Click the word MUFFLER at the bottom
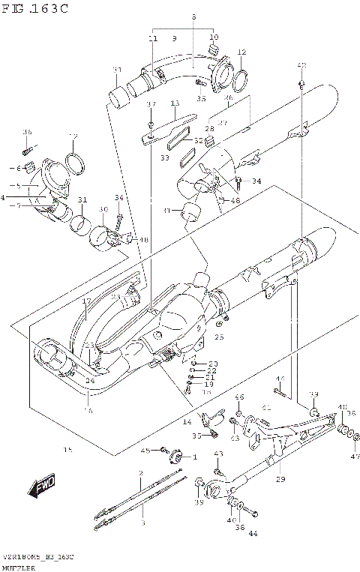(x=16, y=568)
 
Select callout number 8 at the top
(x=193, y=16)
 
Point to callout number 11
(x=153, y=38)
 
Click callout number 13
(x=175, y=103)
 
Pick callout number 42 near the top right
(x=301, y=64)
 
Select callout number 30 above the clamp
(x=103, y=210)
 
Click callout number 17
(x=86, y=301)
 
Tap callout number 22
(x=211, y=370)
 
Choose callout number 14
(x=186, y=422)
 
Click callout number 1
(x=194, y=457)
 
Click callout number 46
(x=239, y=397)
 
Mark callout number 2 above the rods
(x=140, y=473)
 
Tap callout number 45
(x=147, y=450)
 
